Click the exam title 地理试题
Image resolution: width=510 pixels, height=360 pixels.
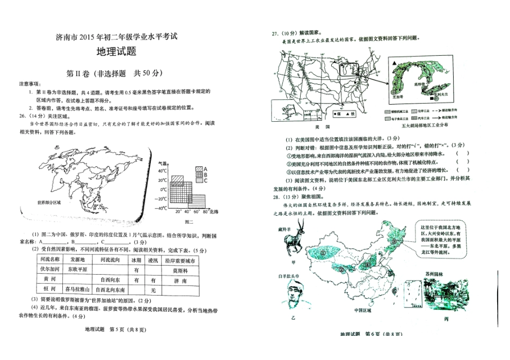(x=115, y=52)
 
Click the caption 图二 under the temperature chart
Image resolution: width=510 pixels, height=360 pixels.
(x=188, y=222)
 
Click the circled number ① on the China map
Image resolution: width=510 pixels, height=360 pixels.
(x=323, y=251)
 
